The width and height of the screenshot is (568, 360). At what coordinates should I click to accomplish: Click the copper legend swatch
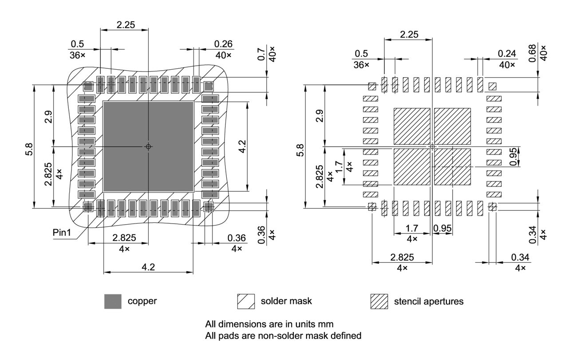click(112, 301)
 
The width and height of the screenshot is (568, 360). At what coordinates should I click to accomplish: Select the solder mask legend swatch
click(246, 301)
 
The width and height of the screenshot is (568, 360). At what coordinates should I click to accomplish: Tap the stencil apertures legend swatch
click(379, 301)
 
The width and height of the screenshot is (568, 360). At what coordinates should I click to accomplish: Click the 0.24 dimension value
click(507, 54)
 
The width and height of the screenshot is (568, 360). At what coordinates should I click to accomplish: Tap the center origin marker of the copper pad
click(149, 146)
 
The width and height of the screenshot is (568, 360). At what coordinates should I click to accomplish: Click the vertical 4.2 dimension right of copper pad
click(255, 146)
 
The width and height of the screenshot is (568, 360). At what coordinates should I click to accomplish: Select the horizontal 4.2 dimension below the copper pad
click(149, 267)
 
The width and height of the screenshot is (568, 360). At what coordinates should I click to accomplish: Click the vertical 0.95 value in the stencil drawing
click(526, 157)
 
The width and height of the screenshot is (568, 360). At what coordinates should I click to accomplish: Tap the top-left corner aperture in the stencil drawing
click(372, 86)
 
